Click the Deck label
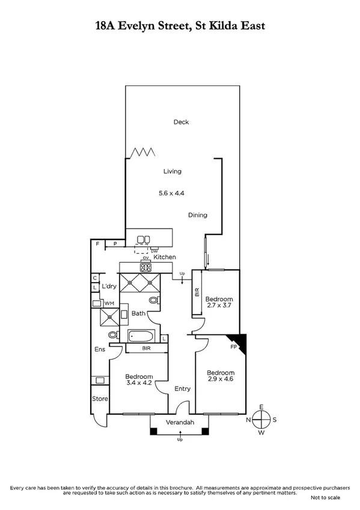point(181,122)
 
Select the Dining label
point(197,215)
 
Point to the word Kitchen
point(165,257)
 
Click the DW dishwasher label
point(154,251)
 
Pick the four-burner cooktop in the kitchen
point(145,268)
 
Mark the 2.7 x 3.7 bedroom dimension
point(219,306)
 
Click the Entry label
point(182,389)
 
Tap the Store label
point(99,399)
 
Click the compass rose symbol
point(261,419)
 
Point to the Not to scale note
point(325,498)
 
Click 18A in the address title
point(109,25)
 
